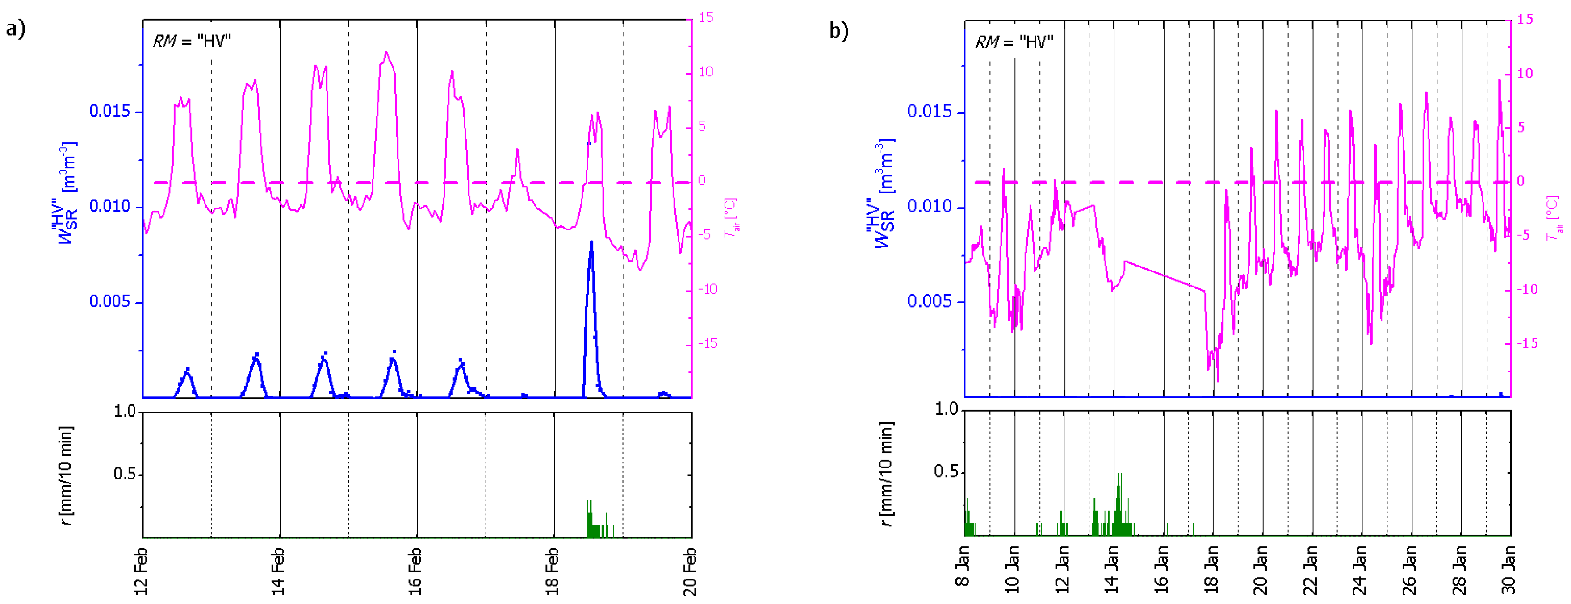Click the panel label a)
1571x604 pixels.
15,29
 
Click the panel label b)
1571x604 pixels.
838,30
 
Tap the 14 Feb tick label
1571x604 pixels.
278,571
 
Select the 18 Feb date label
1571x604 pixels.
553,571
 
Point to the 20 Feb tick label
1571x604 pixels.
690,571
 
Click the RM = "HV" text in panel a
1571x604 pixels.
192,42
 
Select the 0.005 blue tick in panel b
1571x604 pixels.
929,301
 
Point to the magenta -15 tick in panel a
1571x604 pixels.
708,344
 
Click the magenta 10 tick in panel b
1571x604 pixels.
1524,74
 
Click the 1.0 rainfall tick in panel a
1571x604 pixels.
125,412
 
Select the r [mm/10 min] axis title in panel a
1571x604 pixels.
67,475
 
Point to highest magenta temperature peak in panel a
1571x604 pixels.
386,54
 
